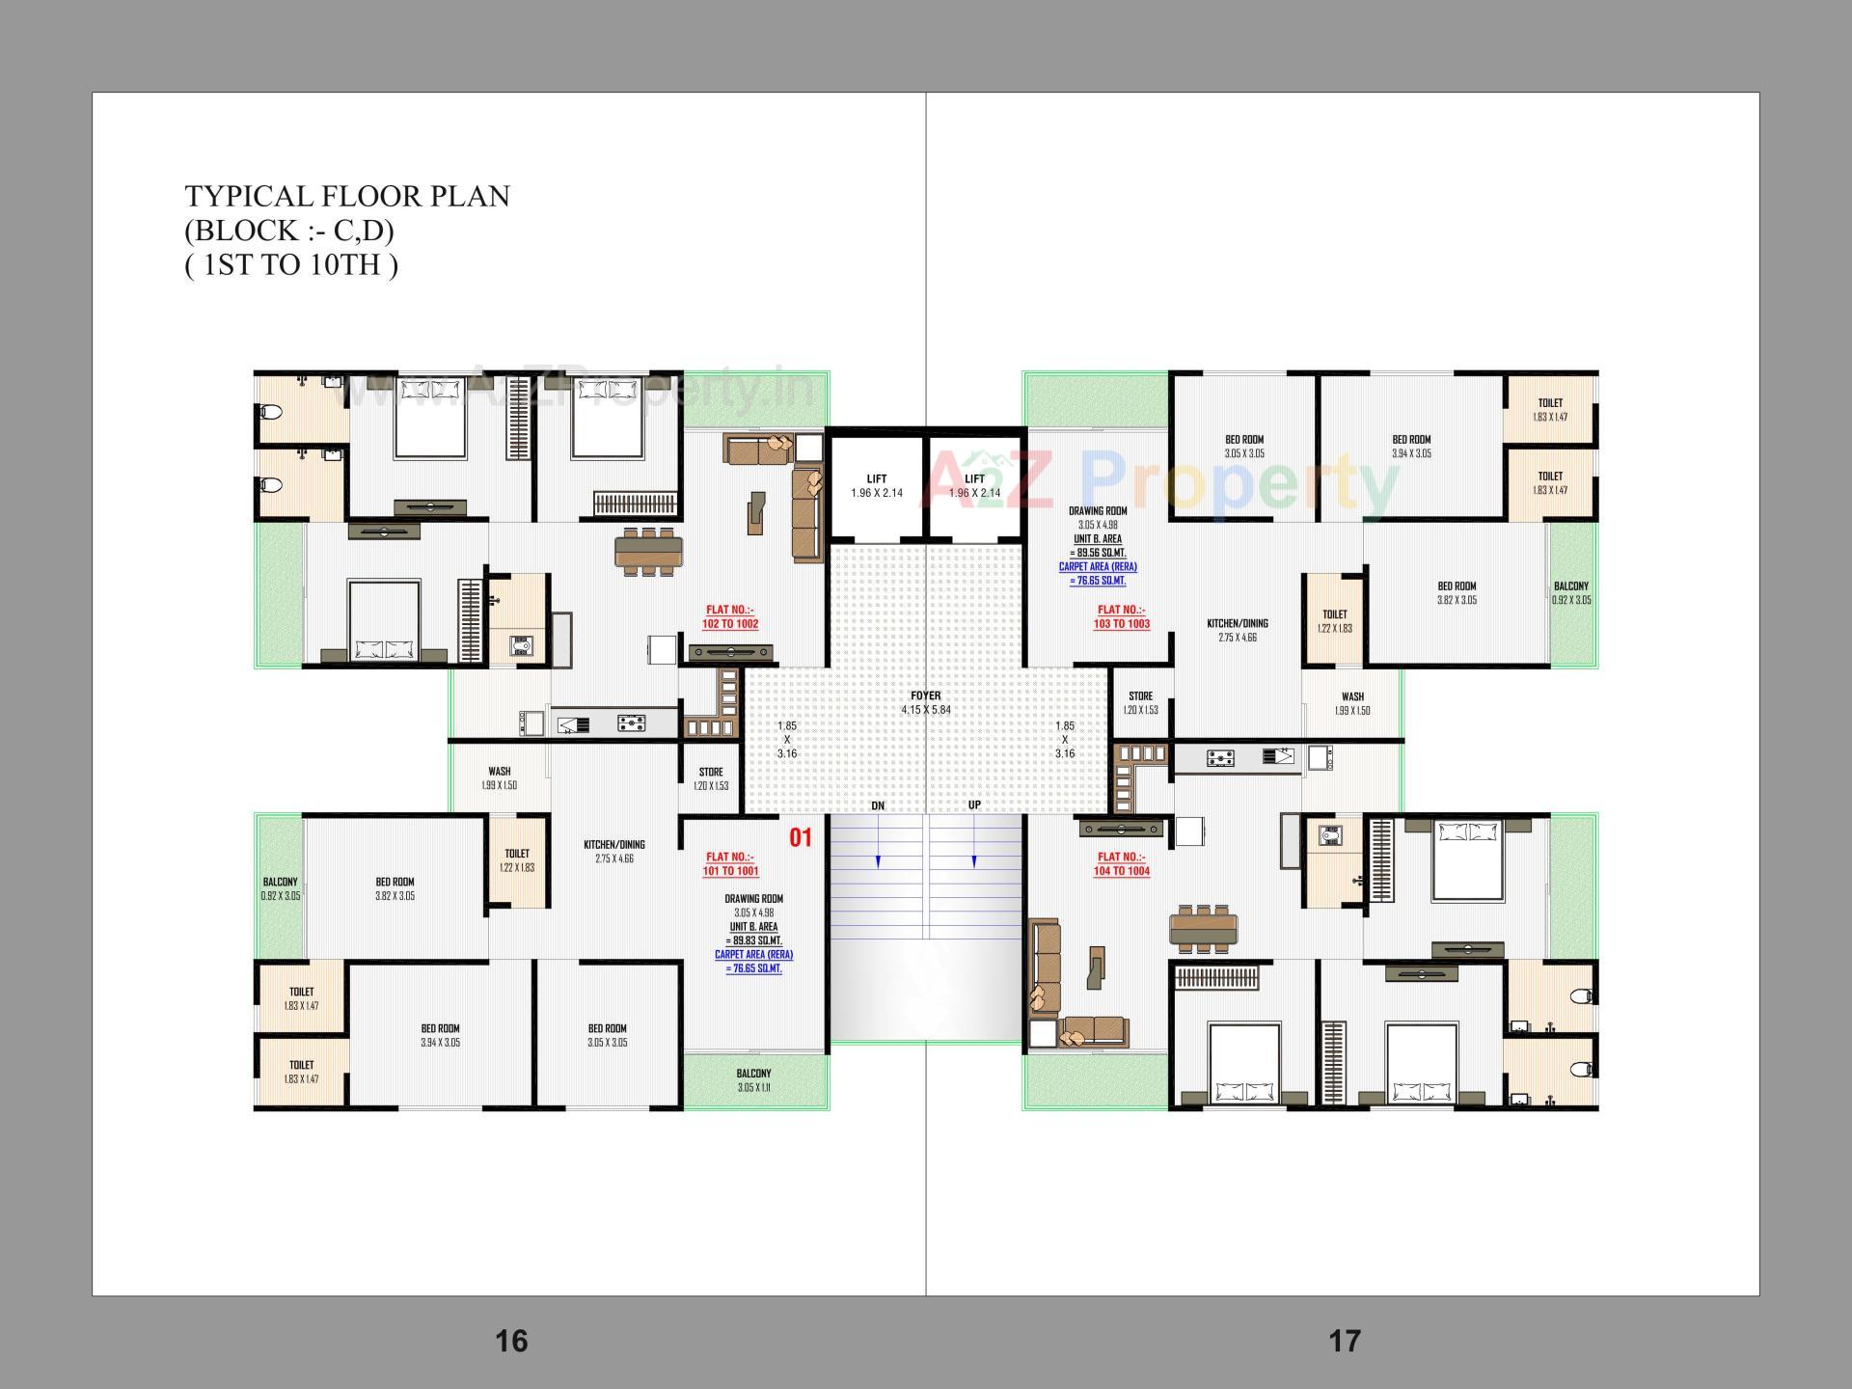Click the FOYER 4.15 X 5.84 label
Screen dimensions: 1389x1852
[x=925, y=702]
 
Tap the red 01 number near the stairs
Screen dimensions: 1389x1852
[x=801, y=837]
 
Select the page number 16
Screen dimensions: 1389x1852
[x=511, y=1341]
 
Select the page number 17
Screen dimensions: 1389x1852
[x=1345, y=1341]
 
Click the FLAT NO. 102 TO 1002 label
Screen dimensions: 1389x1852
[x=730, y=616]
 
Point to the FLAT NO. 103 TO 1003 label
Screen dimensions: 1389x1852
[x=1121, y=616]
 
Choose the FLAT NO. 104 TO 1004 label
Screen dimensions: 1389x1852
[x=1121, y=863]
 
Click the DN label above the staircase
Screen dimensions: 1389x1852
[x=878, y=805]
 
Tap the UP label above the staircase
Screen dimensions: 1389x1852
[x=974, y=805]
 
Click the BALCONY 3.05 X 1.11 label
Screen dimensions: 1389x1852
[x=753, y=1079]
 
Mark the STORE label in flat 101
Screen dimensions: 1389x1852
[x=711, y=777]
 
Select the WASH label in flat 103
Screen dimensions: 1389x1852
[x=1352, y=702]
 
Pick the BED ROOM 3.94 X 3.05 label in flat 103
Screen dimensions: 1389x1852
[x=1411, y=446]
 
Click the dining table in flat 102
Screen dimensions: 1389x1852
[x=649, y=552]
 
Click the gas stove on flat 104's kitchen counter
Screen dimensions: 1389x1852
[x=1220, y=759]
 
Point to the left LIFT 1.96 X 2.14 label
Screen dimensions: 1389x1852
[x=877, y=485]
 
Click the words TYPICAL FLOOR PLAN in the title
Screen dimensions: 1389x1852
[x=347, y=196]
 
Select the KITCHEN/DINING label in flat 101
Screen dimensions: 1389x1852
[x=614, y=851]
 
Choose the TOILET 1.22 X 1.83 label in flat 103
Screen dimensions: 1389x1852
[x=1335, y=620]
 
